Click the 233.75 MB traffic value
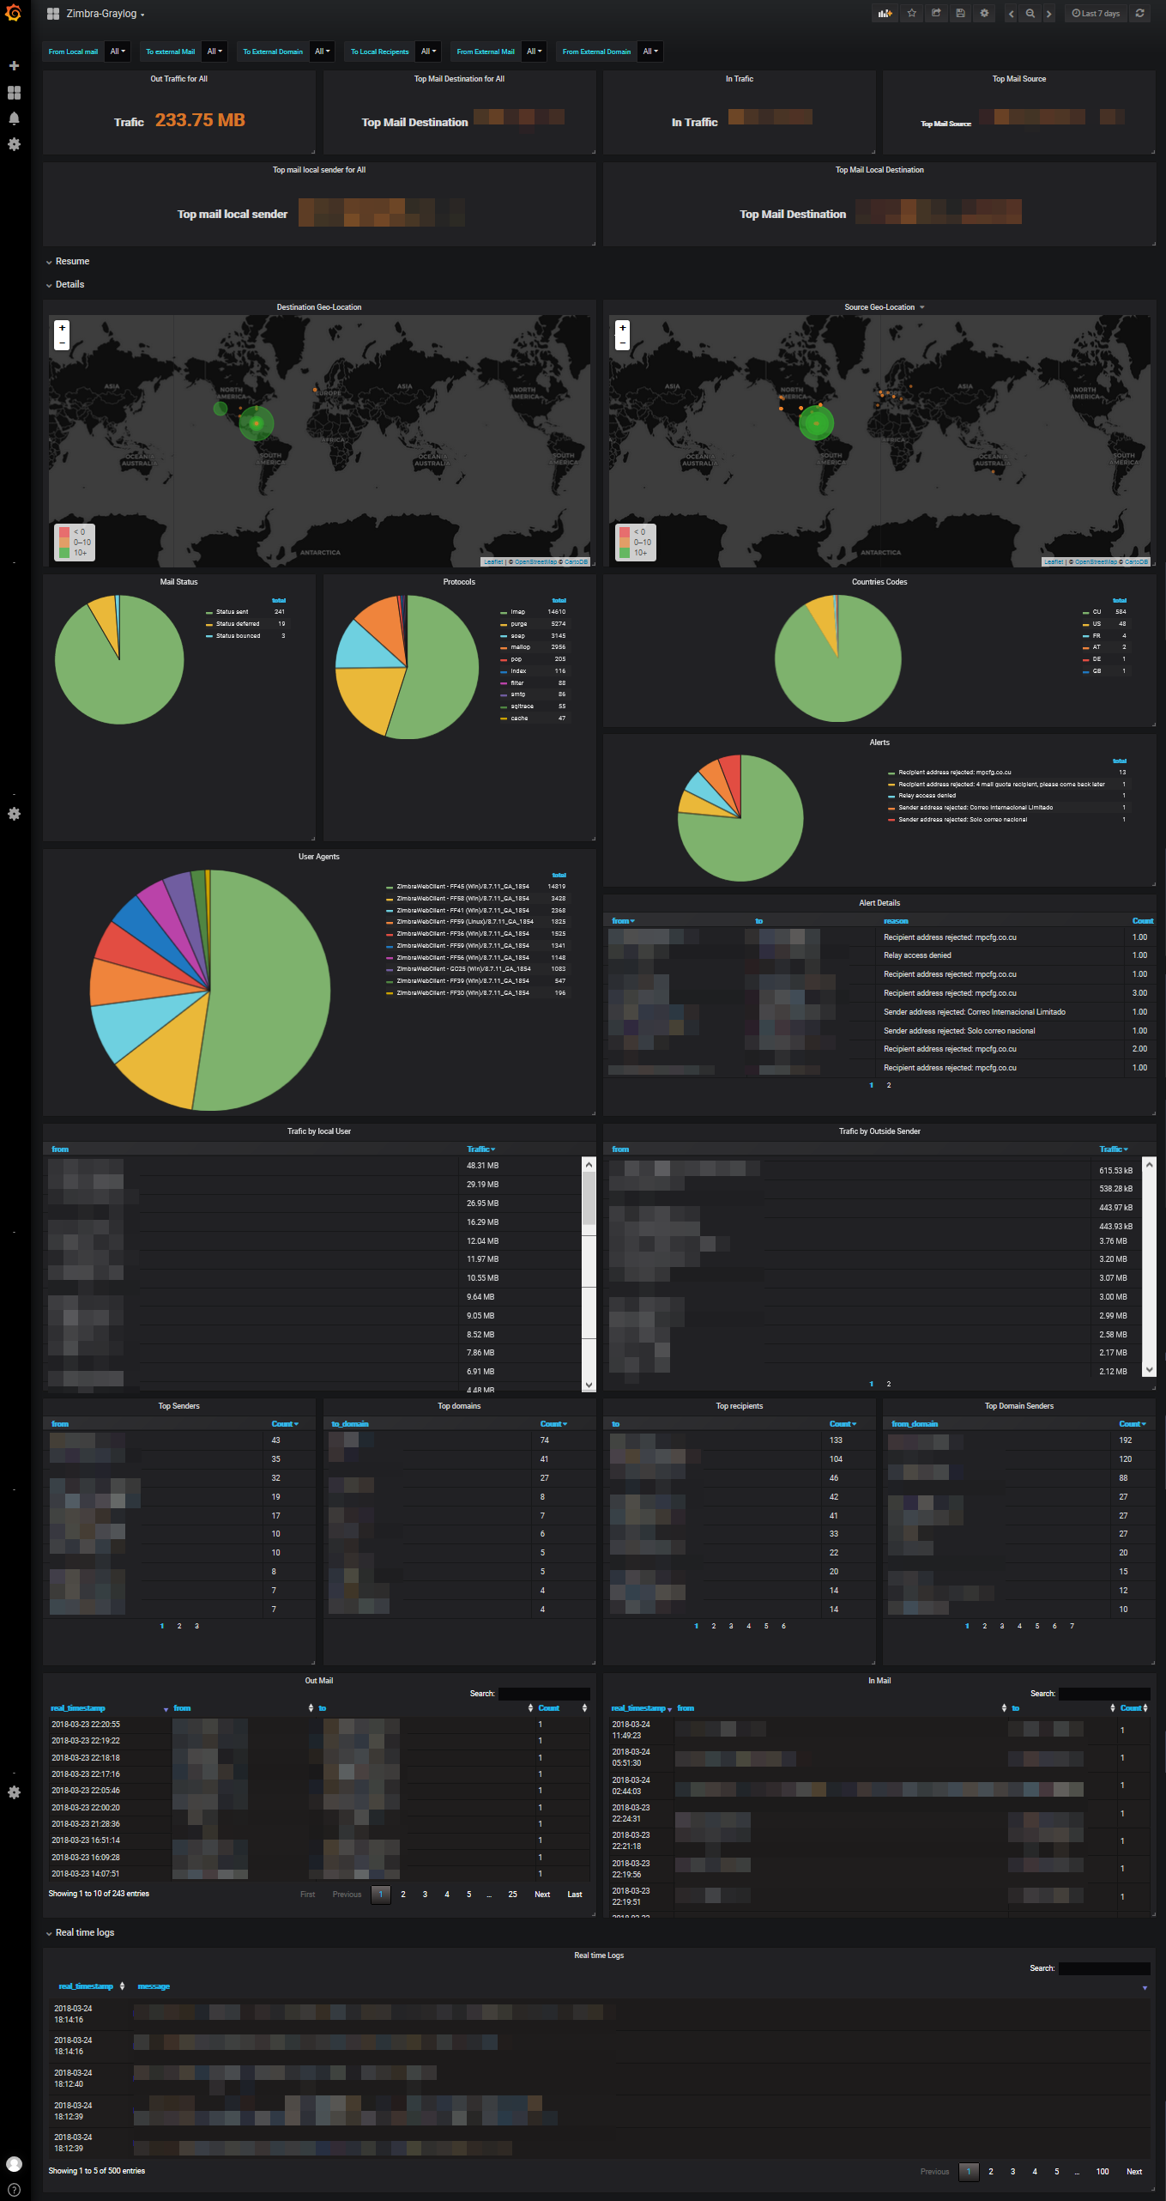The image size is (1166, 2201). click(x=200, y=120)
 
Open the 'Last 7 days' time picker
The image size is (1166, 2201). click(x=1096, y=14)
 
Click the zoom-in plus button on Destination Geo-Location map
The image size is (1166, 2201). click(x=62, y=328)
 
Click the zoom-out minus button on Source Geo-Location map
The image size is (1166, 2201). click(x=623, y=343)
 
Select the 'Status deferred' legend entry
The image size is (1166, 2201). click(x=238, y=624)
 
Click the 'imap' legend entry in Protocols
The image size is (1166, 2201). click(x=517, y=612)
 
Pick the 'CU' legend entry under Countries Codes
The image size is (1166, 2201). click(x=1097, y=612)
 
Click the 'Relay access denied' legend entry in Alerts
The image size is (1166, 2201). click(x=927, y=796)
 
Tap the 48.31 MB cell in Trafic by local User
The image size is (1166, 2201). click(x=482, y=1166)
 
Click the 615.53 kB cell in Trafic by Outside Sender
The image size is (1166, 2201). click(x=1115, y=1171)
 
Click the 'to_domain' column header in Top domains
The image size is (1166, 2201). click(x=350, y=1424)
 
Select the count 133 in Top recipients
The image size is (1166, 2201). click(x=836, y=1440)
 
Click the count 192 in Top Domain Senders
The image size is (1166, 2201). click(x=1125, y=1440)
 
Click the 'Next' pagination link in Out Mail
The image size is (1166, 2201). click(x=542, y=1895)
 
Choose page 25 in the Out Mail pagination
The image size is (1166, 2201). click(x=512, y=1895)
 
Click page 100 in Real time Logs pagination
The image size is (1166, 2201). click(x=1103, y=2172)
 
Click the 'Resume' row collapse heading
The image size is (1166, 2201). click(x=72, y=262)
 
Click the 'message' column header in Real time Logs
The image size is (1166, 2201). click(x=154, y=1986)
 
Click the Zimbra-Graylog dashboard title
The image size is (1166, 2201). click(x=101, y=14)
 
